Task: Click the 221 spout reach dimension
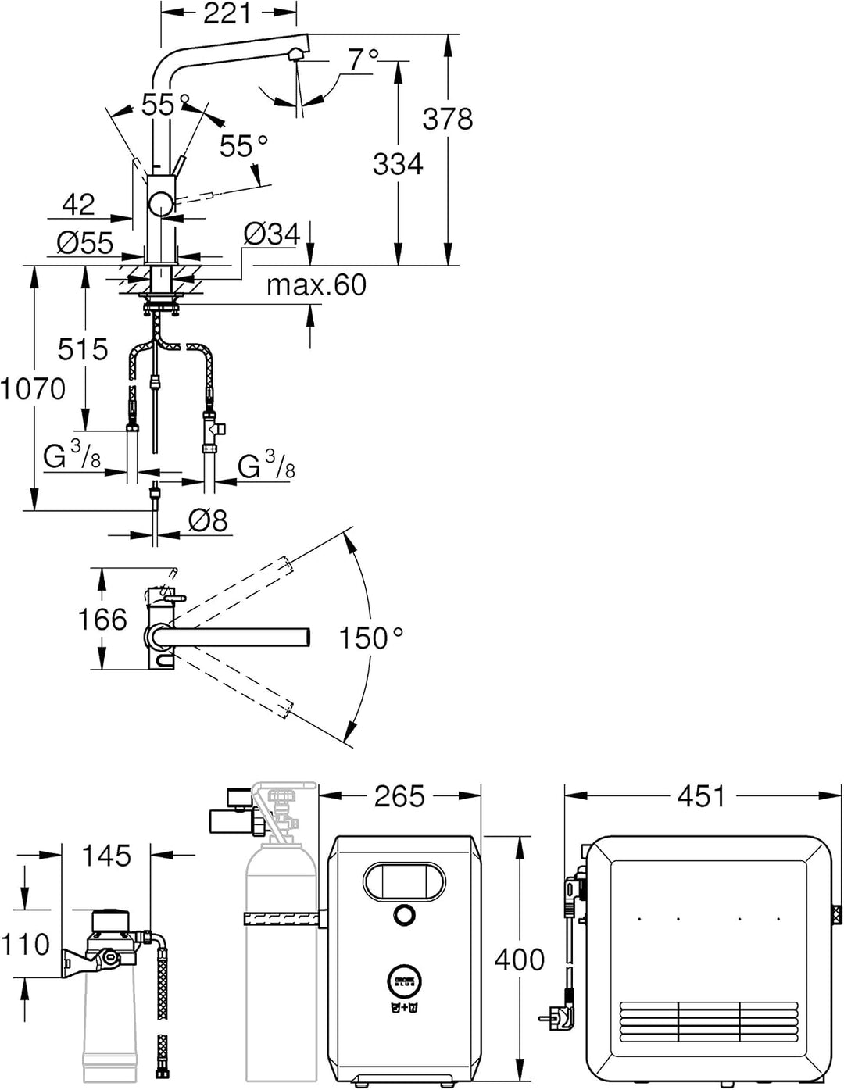click(x=227, y=14)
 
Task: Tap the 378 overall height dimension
click(x=448, y=120)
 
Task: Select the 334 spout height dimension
click(x=399, y=164)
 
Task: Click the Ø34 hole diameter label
click(x=272, y=234)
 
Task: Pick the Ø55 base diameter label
click(x=85, y=243)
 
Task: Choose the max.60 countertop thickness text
click(x=316, y=285)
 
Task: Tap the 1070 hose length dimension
click(x=33, y=389)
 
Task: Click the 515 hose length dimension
click(x=83, y=348)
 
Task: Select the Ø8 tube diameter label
click(x=209, y=520)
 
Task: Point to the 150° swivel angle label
click(x=372, y=638)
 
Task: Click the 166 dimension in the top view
click(x=102, y=620)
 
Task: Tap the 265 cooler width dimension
click(x=399, y=796)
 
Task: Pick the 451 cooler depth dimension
click(x=702, y=796)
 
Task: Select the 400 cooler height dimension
click(x=520, y=960)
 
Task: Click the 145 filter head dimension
click(x=106, y=856)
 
